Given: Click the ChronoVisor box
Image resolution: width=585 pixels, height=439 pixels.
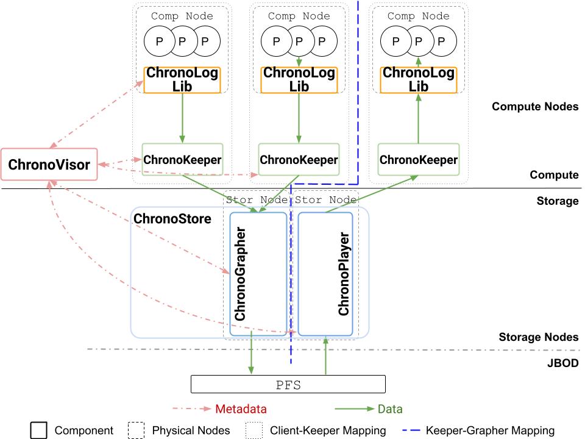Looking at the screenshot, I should coord(49,164).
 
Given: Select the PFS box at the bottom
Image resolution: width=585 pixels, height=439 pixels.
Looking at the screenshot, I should coord(288,384).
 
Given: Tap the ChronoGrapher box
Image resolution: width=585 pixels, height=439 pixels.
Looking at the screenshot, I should coord(258,274).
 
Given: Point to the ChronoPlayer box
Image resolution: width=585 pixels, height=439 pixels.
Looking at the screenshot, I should coord(325,274).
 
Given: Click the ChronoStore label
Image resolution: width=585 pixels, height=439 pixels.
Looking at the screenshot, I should coord(172,218).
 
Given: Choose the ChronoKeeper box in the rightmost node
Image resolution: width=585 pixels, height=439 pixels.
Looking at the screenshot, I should coord(418,160).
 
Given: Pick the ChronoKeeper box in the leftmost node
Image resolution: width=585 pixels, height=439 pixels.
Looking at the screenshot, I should coord(182,160).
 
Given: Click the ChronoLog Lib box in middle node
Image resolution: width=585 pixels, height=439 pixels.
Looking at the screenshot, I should coord(299,80).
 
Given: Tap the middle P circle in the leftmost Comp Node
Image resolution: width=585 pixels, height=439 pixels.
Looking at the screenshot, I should coord(182,41).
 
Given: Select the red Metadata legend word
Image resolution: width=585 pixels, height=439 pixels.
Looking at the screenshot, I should coord(241,409).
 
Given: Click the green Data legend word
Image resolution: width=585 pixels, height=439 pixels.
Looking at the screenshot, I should coord(390,409).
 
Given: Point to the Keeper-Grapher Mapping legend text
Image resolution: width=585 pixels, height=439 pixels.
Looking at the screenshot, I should coord(490,430).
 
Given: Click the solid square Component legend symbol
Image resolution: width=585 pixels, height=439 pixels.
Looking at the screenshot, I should coord(39,430).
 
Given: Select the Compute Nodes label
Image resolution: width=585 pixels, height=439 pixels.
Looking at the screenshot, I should coord(534,107).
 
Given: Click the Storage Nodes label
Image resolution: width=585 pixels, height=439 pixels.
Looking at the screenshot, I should coord(538,337).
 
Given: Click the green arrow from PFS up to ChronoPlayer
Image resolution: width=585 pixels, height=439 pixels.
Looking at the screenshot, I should coord(326,355).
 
